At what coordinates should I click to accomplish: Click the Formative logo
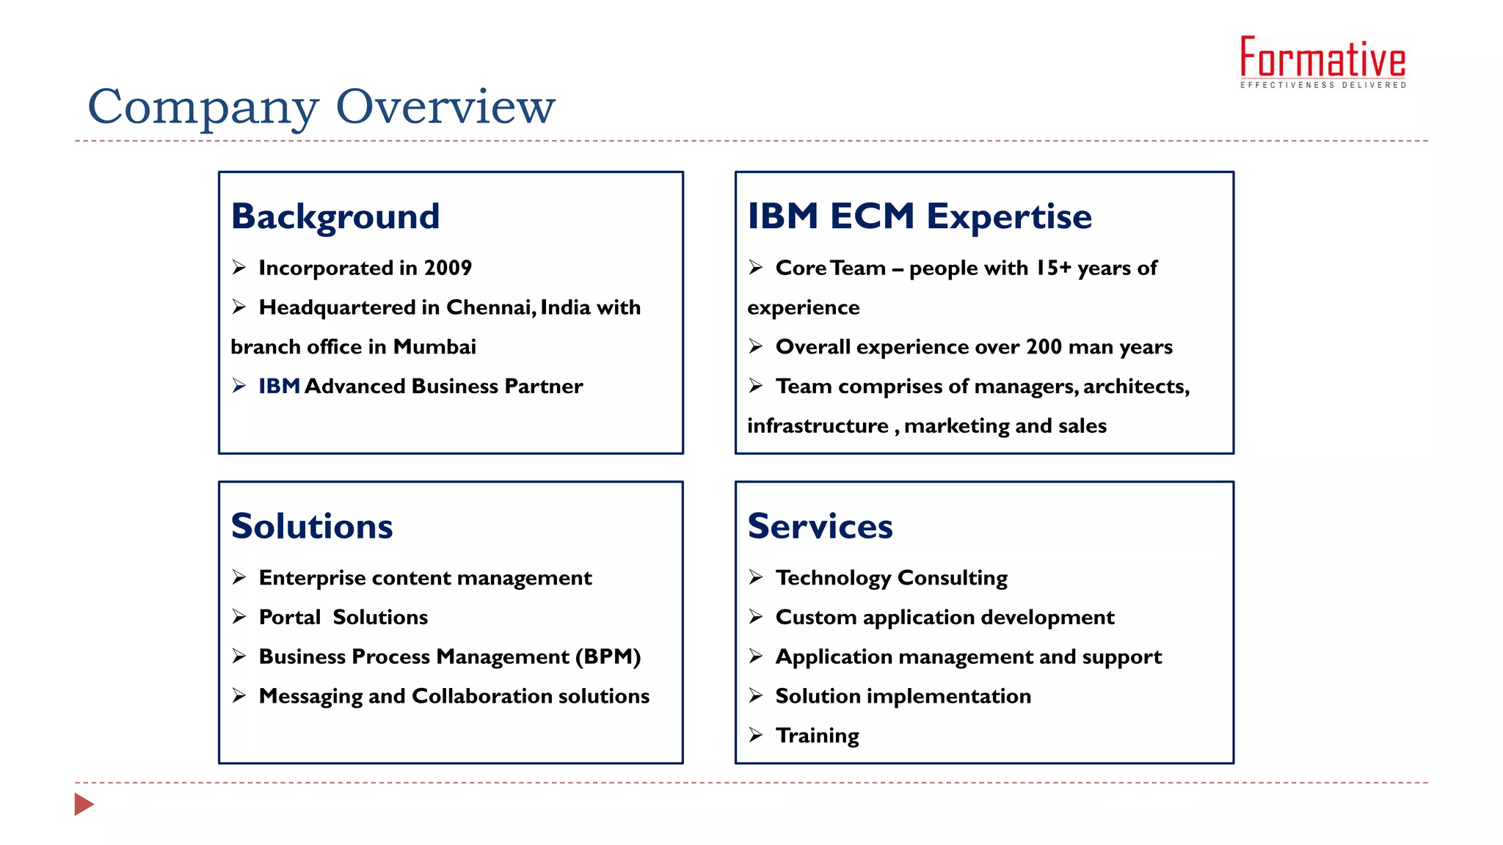click(1322, 58)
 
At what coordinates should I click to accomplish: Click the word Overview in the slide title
click(445, 106)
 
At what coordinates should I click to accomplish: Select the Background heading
click(335, 216)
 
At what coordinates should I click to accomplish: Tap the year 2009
click(448, 268)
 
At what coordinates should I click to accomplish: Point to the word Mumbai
click(434, 346)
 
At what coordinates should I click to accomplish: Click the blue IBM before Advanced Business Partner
click(279, 386)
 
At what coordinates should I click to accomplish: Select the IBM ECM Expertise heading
click(920, 216)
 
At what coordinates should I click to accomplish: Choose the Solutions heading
click(312, 526)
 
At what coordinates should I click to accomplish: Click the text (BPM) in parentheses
click(608, 656)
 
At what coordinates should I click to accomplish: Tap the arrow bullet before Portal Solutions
click(239, 617)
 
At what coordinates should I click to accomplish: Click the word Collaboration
click(472, 696)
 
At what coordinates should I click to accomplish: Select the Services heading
click(820, 526)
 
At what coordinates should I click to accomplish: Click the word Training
click(817, 735)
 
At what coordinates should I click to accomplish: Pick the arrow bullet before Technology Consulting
click(756, 577)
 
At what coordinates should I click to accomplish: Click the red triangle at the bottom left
click(84, 804)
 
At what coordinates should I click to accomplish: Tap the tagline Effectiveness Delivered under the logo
click(1322, 85)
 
